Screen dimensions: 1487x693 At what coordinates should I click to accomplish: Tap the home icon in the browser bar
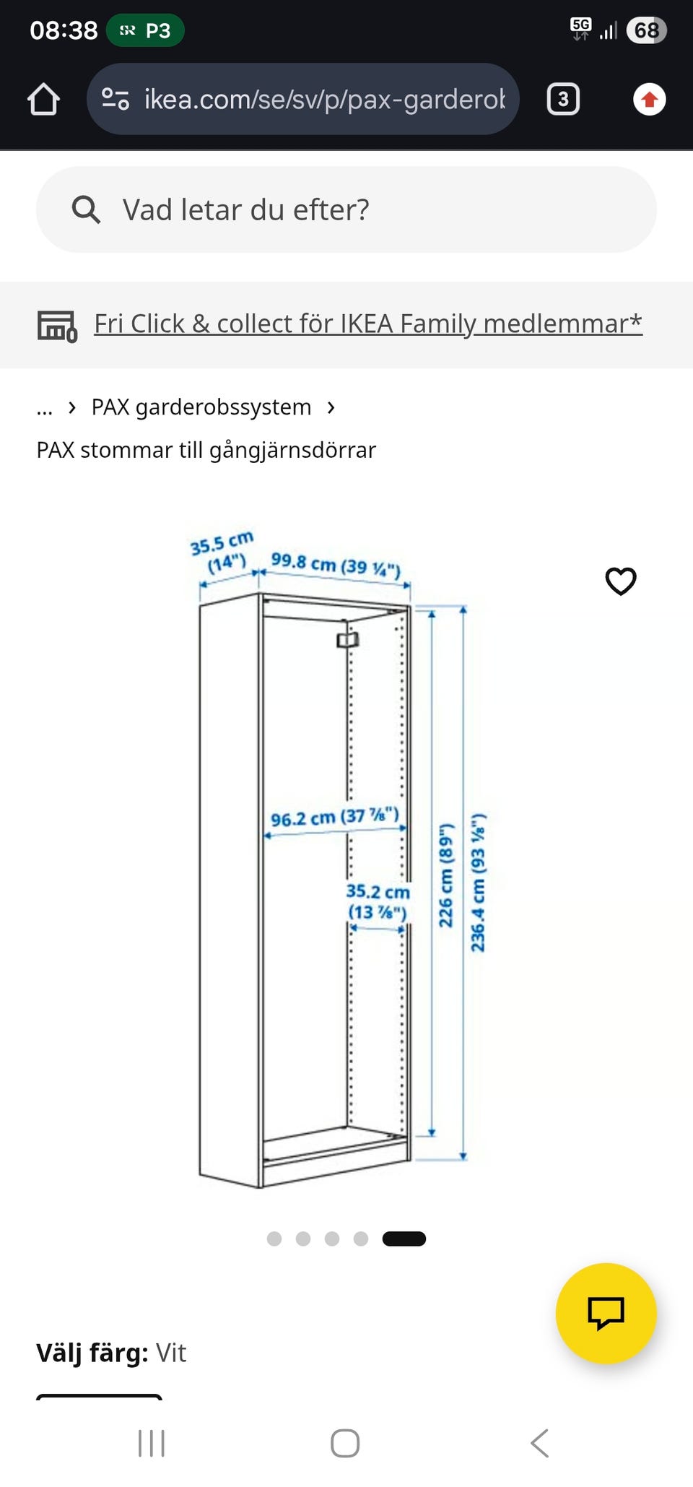(43, 99)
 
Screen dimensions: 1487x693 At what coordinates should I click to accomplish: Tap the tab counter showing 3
(563, 99)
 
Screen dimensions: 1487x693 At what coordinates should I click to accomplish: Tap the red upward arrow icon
(649, 99)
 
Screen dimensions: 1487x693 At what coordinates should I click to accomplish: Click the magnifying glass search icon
(86, 209)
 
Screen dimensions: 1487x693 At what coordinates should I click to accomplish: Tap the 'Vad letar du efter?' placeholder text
(245, 210)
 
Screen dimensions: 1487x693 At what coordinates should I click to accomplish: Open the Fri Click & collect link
(367, 324)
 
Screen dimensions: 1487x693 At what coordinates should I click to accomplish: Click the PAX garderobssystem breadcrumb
(201, 407)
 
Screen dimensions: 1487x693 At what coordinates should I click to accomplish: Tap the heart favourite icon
(620, 581)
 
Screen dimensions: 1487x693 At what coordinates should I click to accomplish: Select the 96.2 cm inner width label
(334, 818)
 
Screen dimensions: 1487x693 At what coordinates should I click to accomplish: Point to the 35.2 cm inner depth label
(378, 901)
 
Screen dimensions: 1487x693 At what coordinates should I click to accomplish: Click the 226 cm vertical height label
(447, 874)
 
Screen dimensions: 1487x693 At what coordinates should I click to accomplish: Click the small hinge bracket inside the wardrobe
(347, 640)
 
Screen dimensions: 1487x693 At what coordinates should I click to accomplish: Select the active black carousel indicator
(404, 1239)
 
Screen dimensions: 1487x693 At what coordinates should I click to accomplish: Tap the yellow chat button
(606, 1313)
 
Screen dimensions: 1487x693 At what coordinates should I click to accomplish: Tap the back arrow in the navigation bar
(539, 1443)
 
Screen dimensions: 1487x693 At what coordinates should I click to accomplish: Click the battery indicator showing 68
(646, 30)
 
